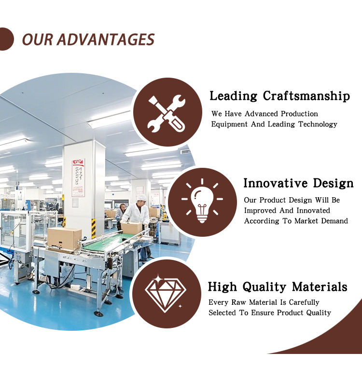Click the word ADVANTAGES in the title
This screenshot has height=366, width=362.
point(106,39)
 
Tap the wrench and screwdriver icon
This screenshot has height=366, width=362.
point(167,113)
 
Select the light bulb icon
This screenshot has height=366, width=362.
point(202,201)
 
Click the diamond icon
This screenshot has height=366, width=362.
point(166,293)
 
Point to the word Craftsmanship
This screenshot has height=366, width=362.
point(306,96)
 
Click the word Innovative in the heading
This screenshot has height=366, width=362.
point(276,183)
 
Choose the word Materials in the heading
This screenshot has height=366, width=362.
point(320,286)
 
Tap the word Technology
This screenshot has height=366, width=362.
point(318,124)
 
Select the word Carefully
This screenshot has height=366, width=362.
point(304,302)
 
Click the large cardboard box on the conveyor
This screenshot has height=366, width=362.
point(64,239)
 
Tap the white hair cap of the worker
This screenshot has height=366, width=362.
point(141,198)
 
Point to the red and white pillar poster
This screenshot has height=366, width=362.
point(78,178)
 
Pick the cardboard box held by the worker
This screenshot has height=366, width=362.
point(132,228)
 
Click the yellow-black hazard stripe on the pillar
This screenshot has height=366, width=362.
point(94,229)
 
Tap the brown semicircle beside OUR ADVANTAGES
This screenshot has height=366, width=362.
point(6,39)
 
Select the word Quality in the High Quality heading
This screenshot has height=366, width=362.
point(264,287)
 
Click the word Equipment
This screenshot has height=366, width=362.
point(229,124)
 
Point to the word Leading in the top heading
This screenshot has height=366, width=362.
point(233,96)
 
